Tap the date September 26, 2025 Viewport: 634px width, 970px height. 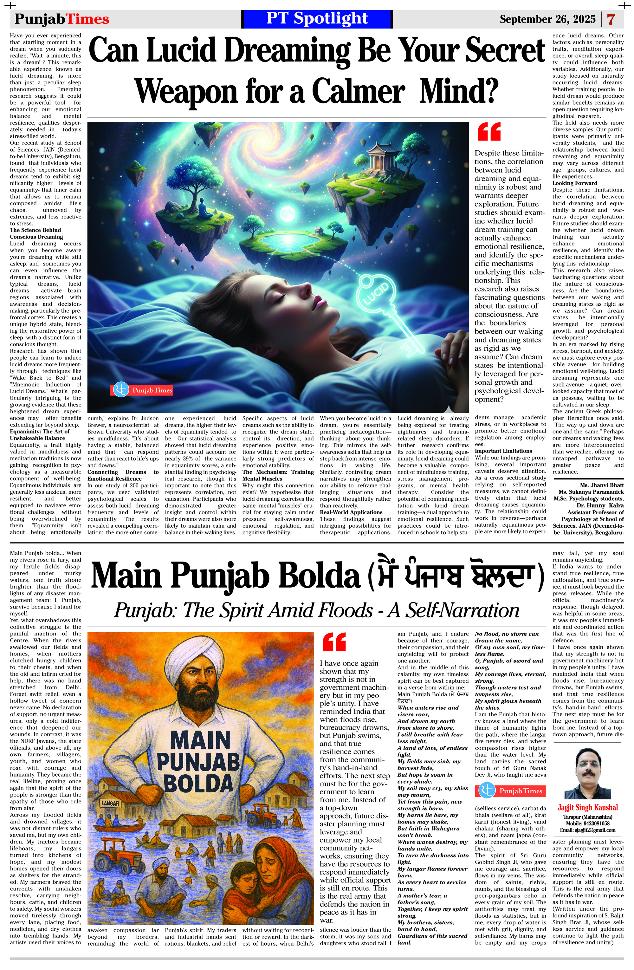click(548, 19)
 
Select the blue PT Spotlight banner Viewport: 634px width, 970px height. click(317, 19)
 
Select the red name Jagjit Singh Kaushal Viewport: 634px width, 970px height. click(587, 807)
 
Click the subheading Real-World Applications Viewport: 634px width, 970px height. click(351, 512)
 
